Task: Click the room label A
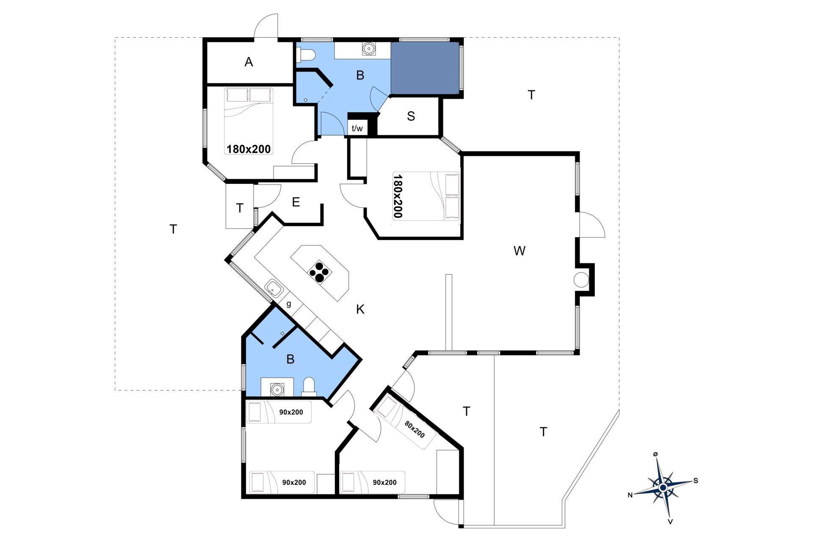(x=249, y=62)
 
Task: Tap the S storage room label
(x=411, y=116)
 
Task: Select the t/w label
(x=357, y=128)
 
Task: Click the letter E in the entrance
(x=296, y=202)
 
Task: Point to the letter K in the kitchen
(x=360, y=310)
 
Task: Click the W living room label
(x=520, y=251)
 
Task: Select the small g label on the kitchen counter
(x=289, y=304)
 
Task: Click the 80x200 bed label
(x=415, y=429)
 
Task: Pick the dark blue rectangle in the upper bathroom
(x=425, y=68)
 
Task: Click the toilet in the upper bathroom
(x=305, y=55)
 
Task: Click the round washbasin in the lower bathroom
(x=277, y=389)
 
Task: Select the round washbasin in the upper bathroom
(x=369, y=49)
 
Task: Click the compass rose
(x=663, y=488)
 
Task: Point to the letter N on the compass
(x=630, y=495)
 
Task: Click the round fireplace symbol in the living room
(x=581, y=279)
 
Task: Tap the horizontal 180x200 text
(x=249, y=149)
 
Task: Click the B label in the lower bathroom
(x=290, y=359)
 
